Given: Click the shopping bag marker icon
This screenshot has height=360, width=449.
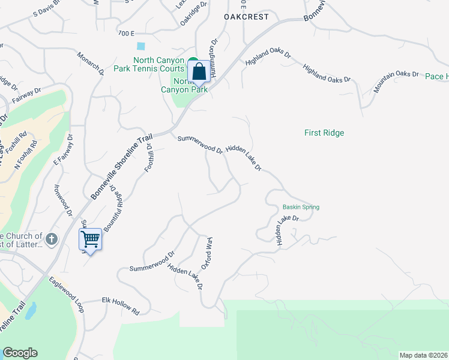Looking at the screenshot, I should point(199,72).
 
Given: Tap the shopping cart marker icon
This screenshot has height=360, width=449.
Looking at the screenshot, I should point(90,239).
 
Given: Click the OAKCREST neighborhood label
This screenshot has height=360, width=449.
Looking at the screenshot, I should point(246,17).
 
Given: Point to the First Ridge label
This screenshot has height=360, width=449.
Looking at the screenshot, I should point(324,133).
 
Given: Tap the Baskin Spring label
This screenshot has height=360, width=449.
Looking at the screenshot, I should point(301,207).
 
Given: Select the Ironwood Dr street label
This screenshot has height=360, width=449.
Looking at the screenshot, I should point(63,200).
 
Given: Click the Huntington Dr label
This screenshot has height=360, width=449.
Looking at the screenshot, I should point(214,47).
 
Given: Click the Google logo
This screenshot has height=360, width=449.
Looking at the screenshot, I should point(20,353).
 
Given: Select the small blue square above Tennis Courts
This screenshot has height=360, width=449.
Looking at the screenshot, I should point(141,46).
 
